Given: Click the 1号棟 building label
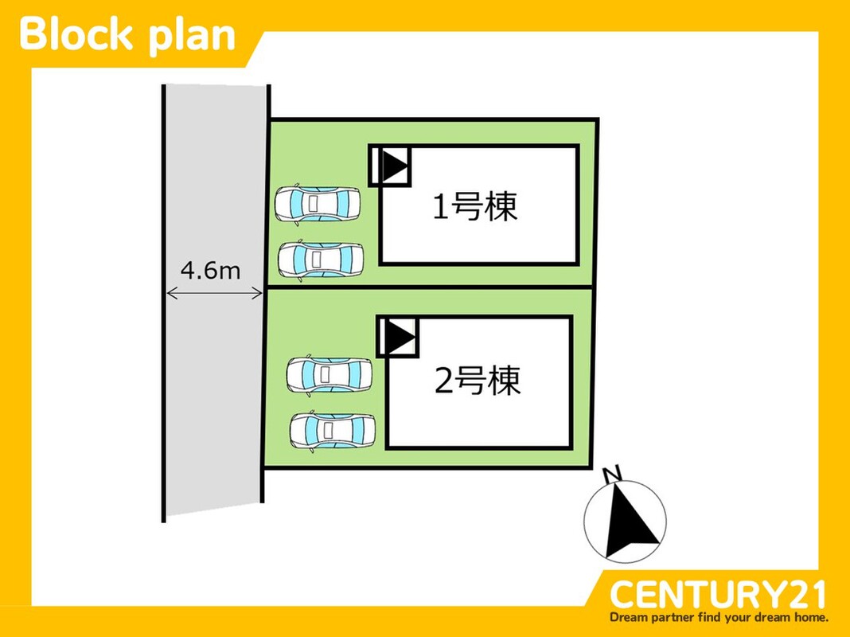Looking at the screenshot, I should [x=475, y=207].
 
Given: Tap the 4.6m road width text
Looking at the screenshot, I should [x=210, y=271].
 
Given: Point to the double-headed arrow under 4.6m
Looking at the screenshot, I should [x=214, y=294].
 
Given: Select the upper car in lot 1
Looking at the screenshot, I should [x=318, y=203].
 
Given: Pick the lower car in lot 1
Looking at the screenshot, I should [x=321, y=259].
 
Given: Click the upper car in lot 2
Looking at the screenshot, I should [x=329, y=373].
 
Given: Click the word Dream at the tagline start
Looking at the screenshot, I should [x=630, y=617].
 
